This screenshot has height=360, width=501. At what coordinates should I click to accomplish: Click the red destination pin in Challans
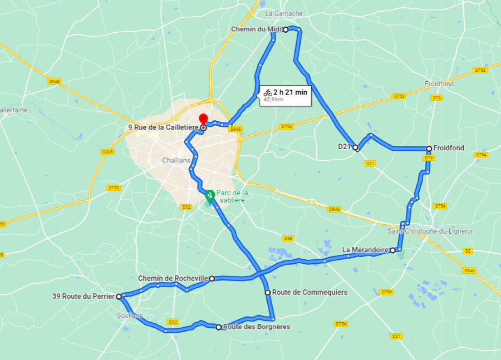[203, 119]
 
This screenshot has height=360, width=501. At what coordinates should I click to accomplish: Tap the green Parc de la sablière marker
[210, 195]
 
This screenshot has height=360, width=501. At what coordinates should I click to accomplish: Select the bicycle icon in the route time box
[268, 92]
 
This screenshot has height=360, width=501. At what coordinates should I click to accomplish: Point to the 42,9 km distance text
[273, 100]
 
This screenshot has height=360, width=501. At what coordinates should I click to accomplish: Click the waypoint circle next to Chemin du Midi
[286, 29]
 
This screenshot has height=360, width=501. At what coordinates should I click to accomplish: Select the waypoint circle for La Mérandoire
[392, 250]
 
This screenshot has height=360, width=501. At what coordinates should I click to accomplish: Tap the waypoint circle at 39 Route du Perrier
[119, 297]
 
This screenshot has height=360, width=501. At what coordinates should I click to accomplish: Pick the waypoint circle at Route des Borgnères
[219, 327]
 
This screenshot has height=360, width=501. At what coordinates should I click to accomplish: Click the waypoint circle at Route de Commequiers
[267, 292]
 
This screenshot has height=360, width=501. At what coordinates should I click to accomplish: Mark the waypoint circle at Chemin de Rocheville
[212, 278]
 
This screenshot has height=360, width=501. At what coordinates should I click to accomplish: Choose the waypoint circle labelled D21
[355, 147]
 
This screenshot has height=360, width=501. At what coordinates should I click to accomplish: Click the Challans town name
[176, 160]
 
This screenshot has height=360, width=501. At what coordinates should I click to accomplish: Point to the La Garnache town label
[284, 13]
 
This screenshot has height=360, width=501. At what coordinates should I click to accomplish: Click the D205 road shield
[108, 152]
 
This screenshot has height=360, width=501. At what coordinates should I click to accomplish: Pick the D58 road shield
[288, 239]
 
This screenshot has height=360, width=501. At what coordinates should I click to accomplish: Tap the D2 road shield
[468, 251]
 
